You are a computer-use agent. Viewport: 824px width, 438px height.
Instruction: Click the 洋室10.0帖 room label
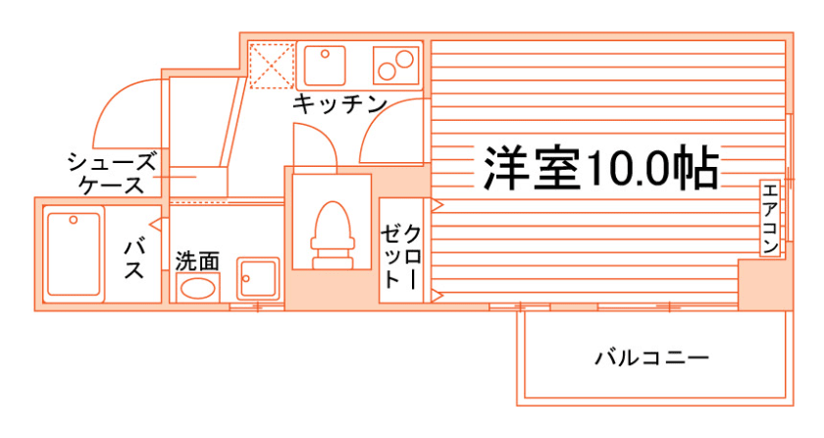599,169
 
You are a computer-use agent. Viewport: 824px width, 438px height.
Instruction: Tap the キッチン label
339,104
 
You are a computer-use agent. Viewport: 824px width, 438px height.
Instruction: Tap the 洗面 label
197,261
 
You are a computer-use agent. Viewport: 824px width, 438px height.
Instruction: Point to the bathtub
74,252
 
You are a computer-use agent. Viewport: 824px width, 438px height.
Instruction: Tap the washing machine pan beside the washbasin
258,279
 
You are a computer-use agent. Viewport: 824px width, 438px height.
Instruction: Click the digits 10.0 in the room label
624,169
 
